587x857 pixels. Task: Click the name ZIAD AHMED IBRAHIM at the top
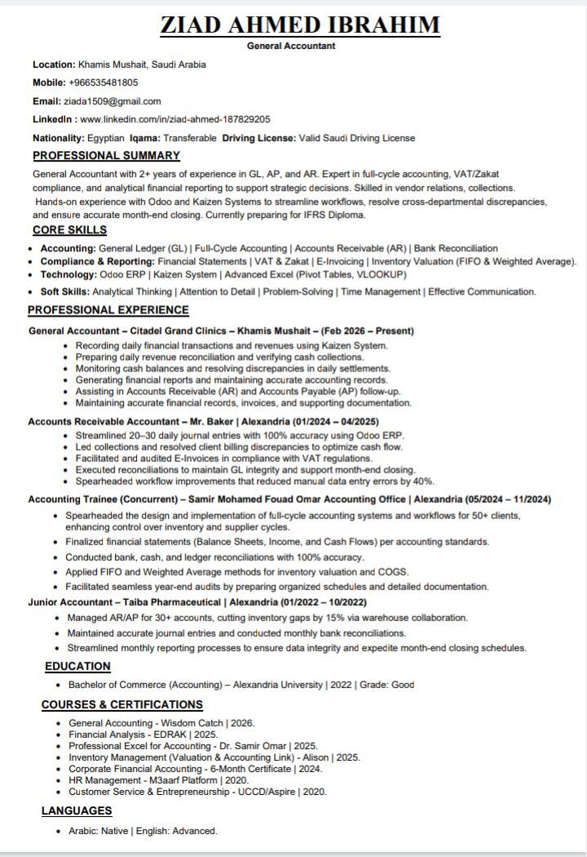(x=300, y=24)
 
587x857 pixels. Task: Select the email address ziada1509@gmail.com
(x=113, y=101)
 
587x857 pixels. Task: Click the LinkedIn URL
(x=175, y=119)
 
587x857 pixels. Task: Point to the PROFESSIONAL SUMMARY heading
(x=106, y=155)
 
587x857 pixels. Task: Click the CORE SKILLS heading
(x=69, y=230)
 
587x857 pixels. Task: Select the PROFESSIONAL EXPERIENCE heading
(x=108, y=310)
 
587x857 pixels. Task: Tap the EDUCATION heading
(x=77, y=666)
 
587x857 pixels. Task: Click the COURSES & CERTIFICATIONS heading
(x=122, y=704)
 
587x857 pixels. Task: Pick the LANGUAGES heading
(x=77, y=810)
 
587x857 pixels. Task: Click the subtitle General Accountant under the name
(x=291, y=46)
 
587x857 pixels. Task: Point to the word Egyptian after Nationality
(x=107, y=138)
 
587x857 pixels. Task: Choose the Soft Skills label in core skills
(x=65, y=291)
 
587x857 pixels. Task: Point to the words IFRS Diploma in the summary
(x=332, y=215)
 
